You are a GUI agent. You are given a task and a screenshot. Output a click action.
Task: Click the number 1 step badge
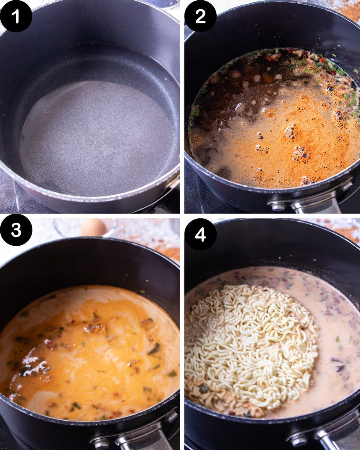(16, 16)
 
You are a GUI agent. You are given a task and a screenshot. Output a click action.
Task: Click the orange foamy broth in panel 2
(285, 141)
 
